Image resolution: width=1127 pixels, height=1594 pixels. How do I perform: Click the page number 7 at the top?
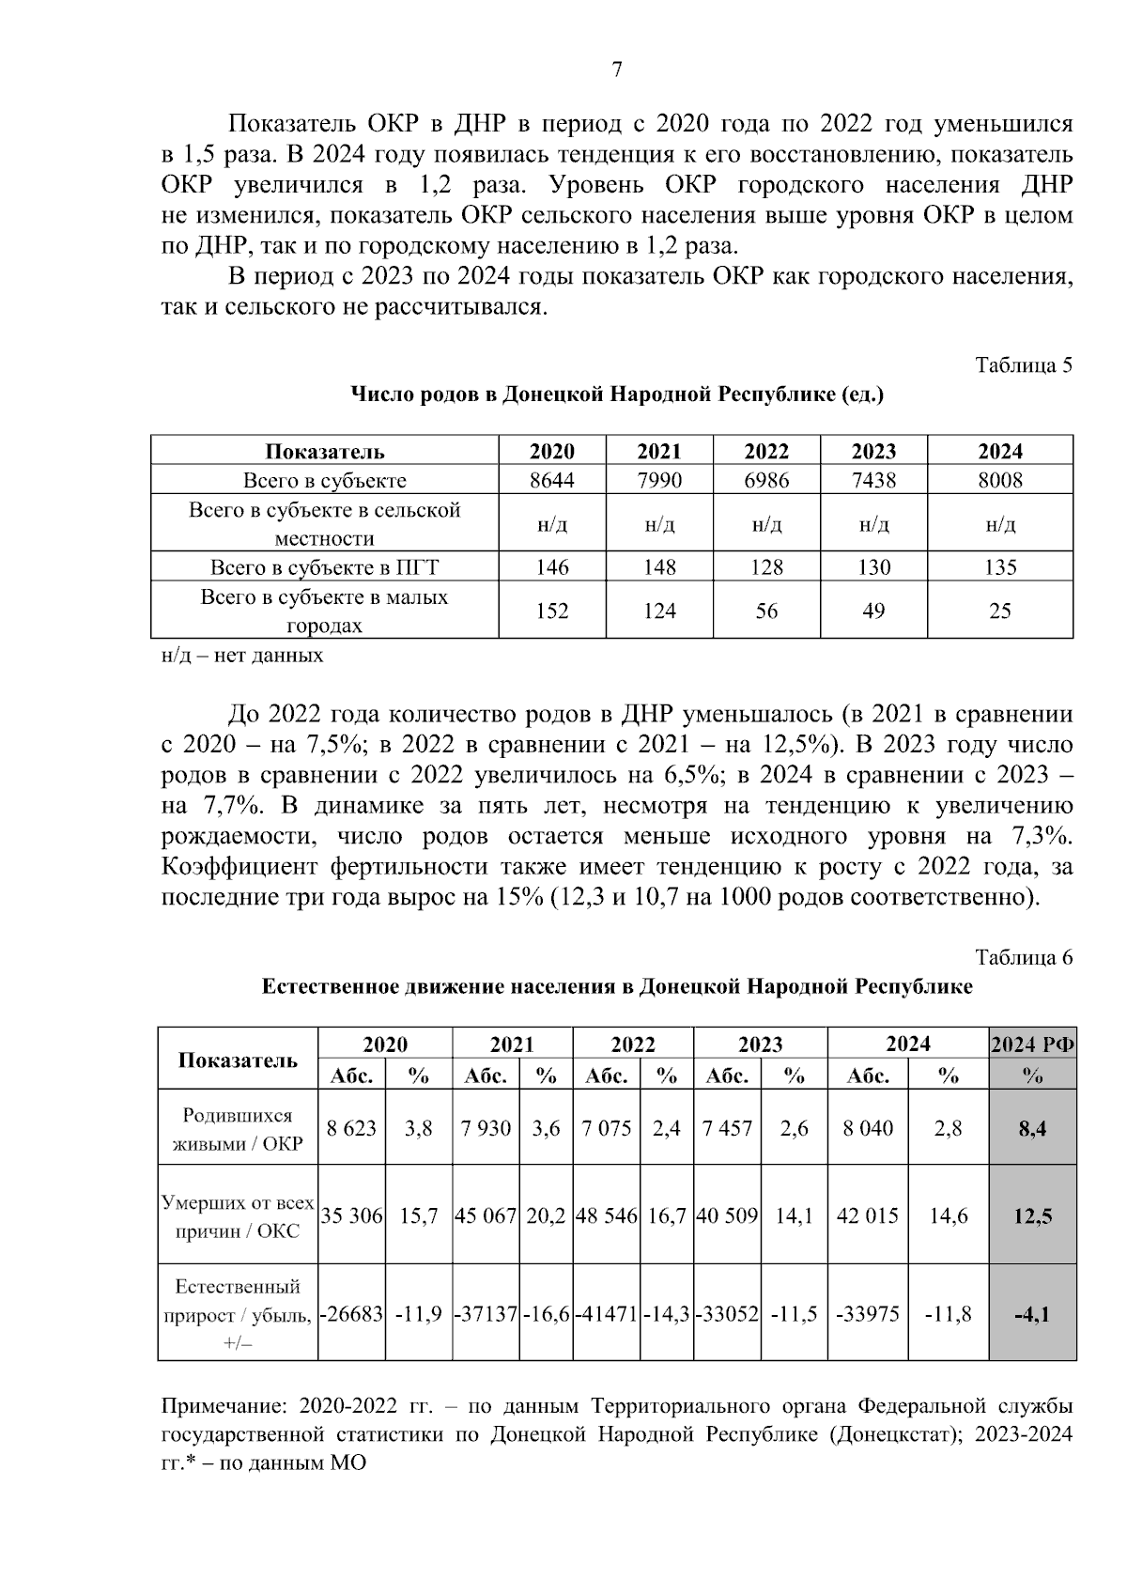click(x=617, y=70)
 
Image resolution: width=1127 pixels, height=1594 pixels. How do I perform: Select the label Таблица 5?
click(x=1024, y=365)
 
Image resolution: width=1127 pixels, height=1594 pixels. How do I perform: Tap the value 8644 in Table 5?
click(x=552, y=480)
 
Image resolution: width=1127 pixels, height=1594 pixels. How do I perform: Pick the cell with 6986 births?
click(x=766, y=480)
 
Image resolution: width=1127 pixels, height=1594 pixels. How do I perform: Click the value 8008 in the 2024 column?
click(x=999, y=480)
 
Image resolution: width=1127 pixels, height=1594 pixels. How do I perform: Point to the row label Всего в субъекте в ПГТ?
click(x=325, y=567)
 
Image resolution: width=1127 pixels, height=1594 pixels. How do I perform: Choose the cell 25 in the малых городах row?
click(x=999, y=611)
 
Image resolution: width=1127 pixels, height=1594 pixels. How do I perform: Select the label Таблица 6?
click(x=1024, y=957)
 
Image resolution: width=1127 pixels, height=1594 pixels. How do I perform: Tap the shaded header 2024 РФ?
click(x=1032, y=1045)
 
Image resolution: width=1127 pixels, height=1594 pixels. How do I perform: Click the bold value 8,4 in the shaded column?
click(x=1032, y=1129)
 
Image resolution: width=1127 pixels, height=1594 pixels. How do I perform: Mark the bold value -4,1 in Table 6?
click(x=1032, y=1313)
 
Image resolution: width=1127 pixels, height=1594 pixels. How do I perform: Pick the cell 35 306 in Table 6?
click(x=351, y=1215)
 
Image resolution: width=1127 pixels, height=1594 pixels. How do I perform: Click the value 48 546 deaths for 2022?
click(x=607, y=1215)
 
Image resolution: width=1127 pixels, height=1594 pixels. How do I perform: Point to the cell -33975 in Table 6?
click(x=868, y=1313)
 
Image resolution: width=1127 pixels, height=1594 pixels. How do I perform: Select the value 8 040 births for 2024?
click(x=868, y=1129)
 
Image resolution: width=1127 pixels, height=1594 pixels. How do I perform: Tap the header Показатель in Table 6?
click(x=238, y=1060)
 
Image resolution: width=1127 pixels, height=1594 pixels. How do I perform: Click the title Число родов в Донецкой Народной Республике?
click(x=617, y=395)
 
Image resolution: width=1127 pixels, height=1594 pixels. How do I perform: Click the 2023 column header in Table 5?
click(x=873, y=451)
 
